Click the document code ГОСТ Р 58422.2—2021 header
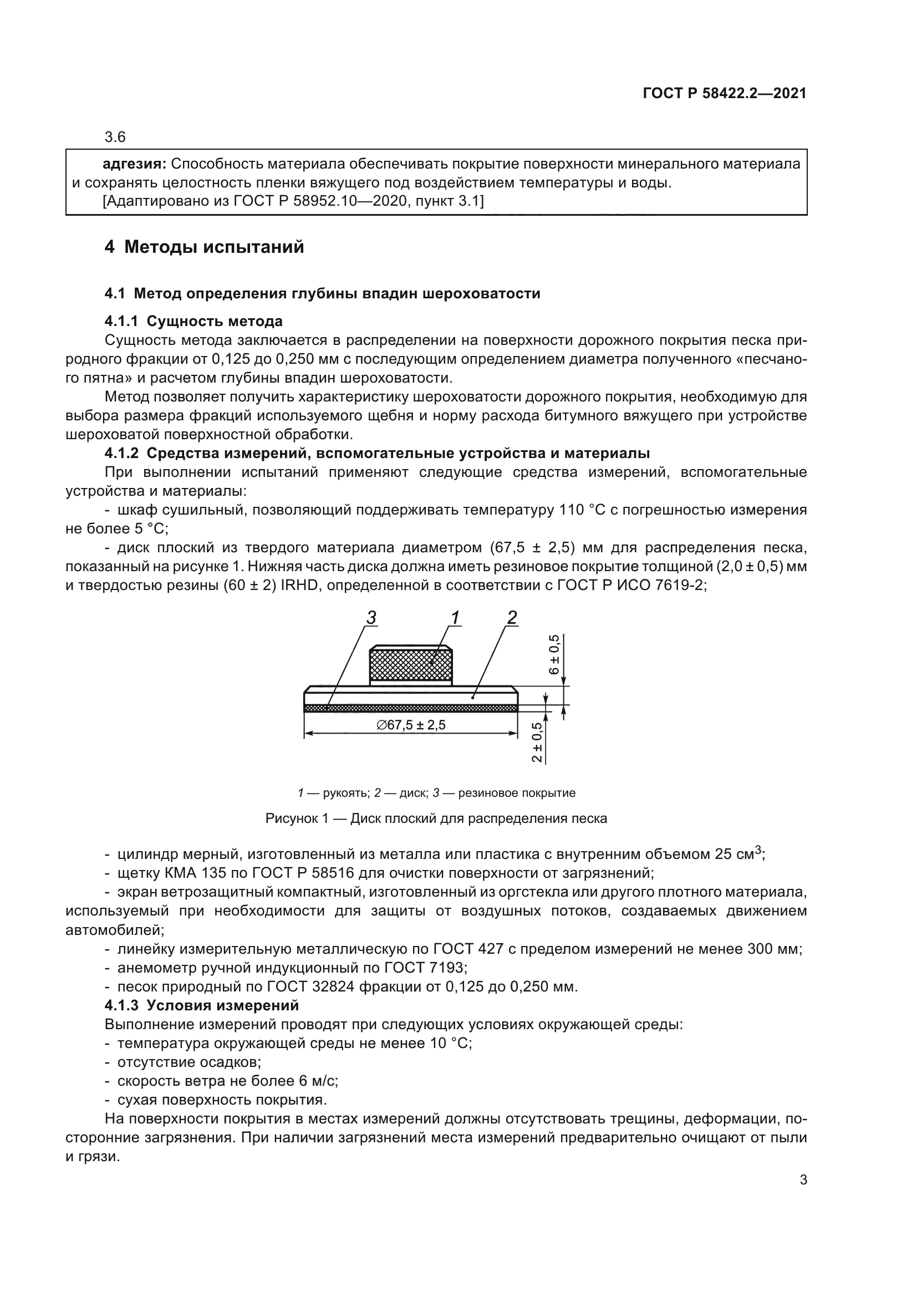coord(725,94)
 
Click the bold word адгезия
coord(134,164)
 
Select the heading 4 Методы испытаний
coord(204,247)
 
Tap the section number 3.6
coord(115,138)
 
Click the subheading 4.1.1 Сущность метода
coord(193,322)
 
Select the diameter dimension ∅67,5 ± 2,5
coord(411,725)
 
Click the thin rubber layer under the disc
coord(411,708)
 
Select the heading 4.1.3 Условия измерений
coord(202,1005)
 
